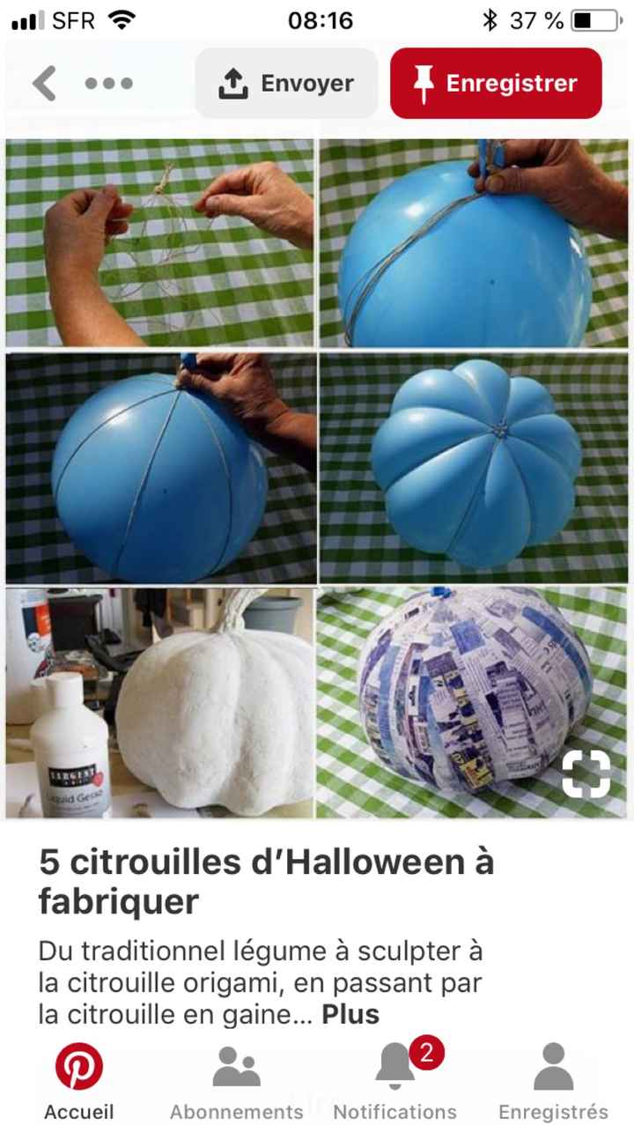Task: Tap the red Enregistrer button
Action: (x=496, y=84)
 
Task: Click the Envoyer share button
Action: (x=286, y=84)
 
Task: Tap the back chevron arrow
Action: (x=44, y=84)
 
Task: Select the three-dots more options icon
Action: (x=109, y=84)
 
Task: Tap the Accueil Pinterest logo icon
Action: (x=79, y=1067)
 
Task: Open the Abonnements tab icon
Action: (x=236, y=1067)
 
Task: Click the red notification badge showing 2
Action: (x=427, y=1053)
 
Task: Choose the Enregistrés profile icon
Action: (x=553, y=1067)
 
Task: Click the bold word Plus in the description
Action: (x=350, y=1014)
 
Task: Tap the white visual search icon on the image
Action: (x=586, y=774)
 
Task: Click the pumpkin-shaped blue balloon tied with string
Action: (x=475, y=463)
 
